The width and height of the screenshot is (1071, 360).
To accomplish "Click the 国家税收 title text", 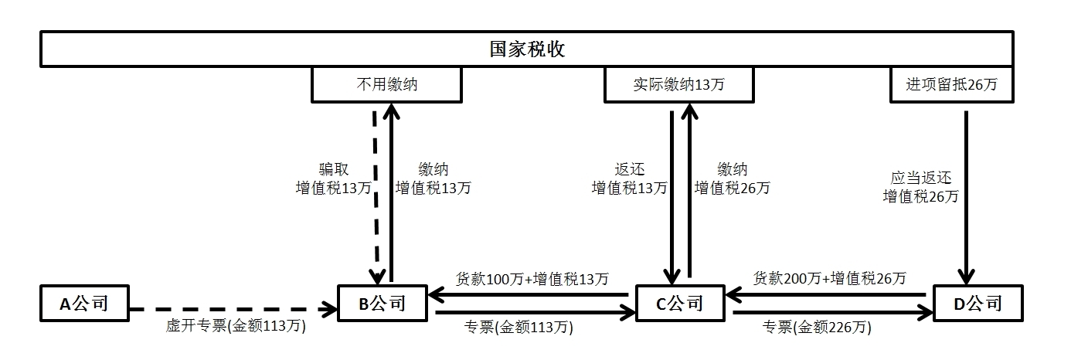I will [528, 50].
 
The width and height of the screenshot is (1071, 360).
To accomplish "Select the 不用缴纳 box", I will [386, 85].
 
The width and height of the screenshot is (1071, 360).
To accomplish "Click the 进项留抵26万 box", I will [951, 85].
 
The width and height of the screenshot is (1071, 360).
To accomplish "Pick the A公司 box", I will [84, 304].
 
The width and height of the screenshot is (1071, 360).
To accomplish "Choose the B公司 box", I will [382, 304].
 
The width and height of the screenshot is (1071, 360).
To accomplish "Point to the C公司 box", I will [680, 304].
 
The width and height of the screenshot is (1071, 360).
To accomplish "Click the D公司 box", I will [977, 304].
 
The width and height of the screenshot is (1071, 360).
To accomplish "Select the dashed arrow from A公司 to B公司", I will [232, 311].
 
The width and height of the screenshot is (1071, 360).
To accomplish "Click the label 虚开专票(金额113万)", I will [236, 327].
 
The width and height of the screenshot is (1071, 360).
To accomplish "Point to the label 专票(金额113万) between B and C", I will [532, 328].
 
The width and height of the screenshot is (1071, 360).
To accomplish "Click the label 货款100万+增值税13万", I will [532, 278].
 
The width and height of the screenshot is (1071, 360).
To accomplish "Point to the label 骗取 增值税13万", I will [334, 178].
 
